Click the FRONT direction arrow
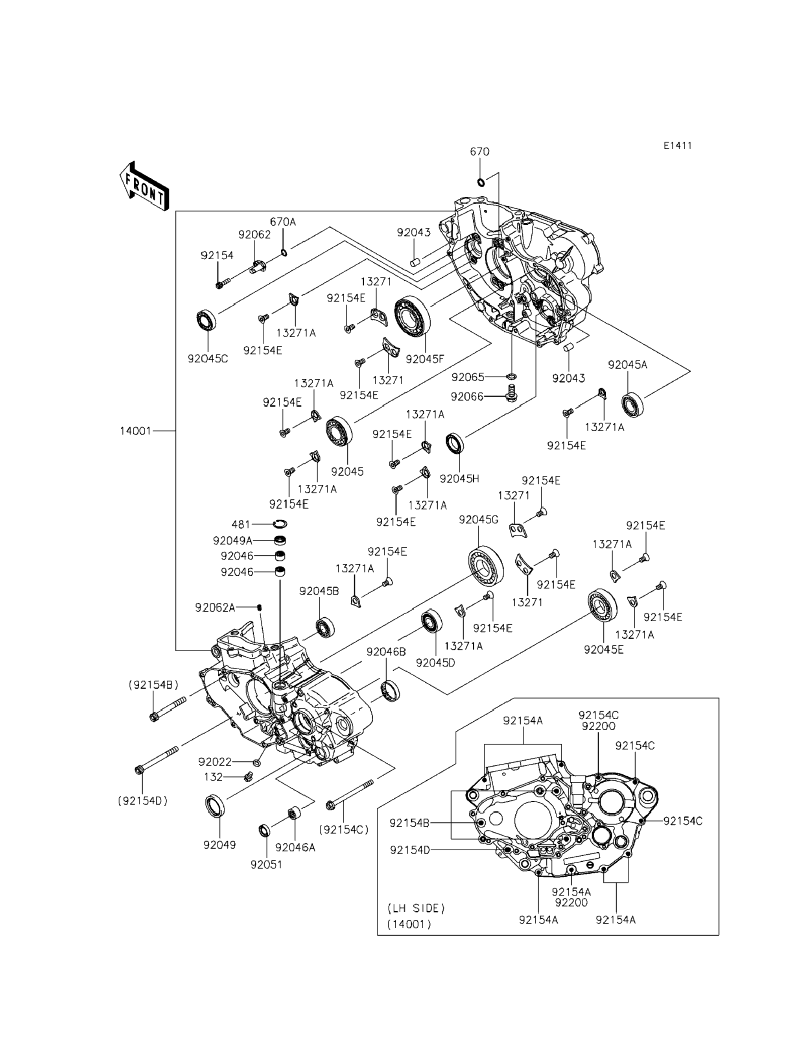(144, 186)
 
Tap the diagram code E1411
(677, 145)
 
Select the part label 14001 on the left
(136, 431)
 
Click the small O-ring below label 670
(480, 182)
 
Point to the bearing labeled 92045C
(206, 321)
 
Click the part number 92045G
(478, 520)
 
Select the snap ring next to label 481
(280, 524)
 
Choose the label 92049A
(232, 540)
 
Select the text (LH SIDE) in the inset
(416, 909)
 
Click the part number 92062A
(215, 608)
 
